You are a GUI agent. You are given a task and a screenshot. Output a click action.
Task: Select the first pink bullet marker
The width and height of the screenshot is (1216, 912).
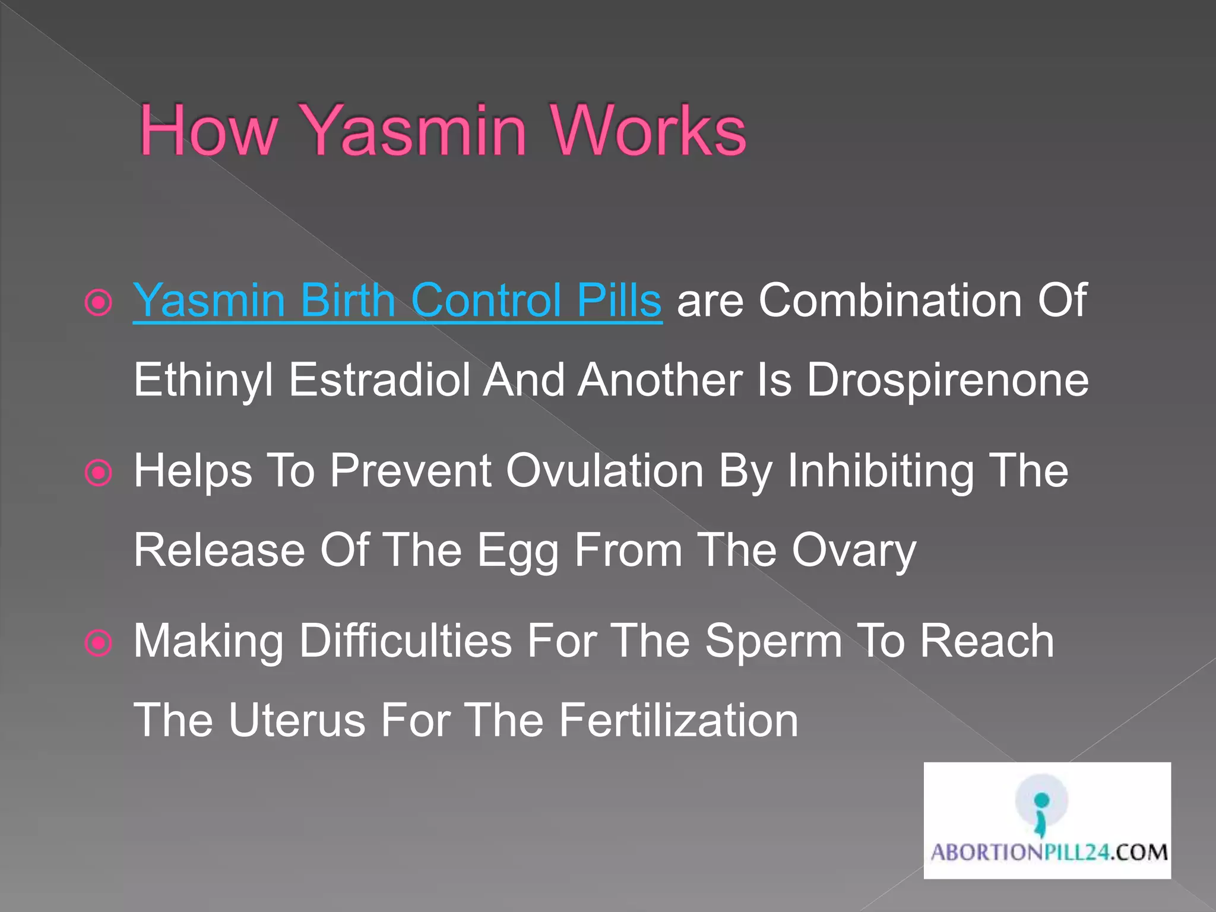(x=99, y=303)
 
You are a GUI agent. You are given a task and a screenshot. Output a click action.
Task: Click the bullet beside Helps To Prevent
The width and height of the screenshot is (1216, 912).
(x=99, y=473)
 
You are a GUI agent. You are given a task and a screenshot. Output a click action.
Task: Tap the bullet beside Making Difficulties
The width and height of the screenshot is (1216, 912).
(x=99, y=643)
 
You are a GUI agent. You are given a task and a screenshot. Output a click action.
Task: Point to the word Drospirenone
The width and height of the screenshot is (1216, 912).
(x=947, y=380)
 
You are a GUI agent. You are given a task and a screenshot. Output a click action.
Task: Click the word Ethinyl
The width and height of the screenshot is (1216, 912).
(x=204, y=380)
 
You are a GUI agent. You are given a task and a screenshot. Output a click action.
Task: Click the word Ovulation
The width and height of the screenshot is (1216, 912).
(x=604, y=471)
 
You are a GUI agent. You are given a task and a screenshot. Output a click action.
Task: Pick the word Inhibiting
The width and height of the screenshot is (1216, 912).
(x=881, y=471)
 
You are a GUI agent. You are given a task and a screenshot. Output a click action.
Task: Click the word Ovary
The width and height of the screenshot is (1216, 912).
(x=854, y=551)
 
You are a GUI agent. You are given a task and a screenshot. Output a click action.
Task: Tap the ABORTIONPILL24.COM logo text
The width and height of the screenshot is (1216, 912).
(x=1049, y=853)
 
